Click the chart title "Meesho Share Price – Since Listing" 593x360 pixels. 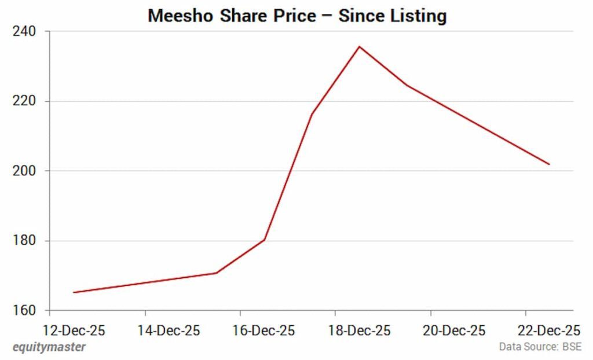pos(297,16)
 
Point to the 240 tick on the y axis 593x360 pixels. pos(24,31)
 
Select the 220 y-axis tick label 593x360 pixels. pos(24,101)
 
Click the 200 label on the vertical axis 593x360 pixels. pos(24,171)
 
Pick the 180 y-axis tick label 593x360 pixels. pos(24,241)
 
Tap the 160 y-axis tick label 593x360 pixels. pos(24,311)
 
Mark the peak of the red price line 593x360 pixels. pos(359,46)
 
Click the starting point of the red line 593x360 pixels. pos(74,292)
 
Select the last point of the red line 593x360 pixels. pos(549,164)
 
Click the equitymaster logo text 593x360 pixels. pos(49,347)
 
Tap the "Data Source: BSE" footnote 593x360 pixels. pos(540,347)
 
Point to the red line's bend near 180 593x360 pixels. pos(264,240)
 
